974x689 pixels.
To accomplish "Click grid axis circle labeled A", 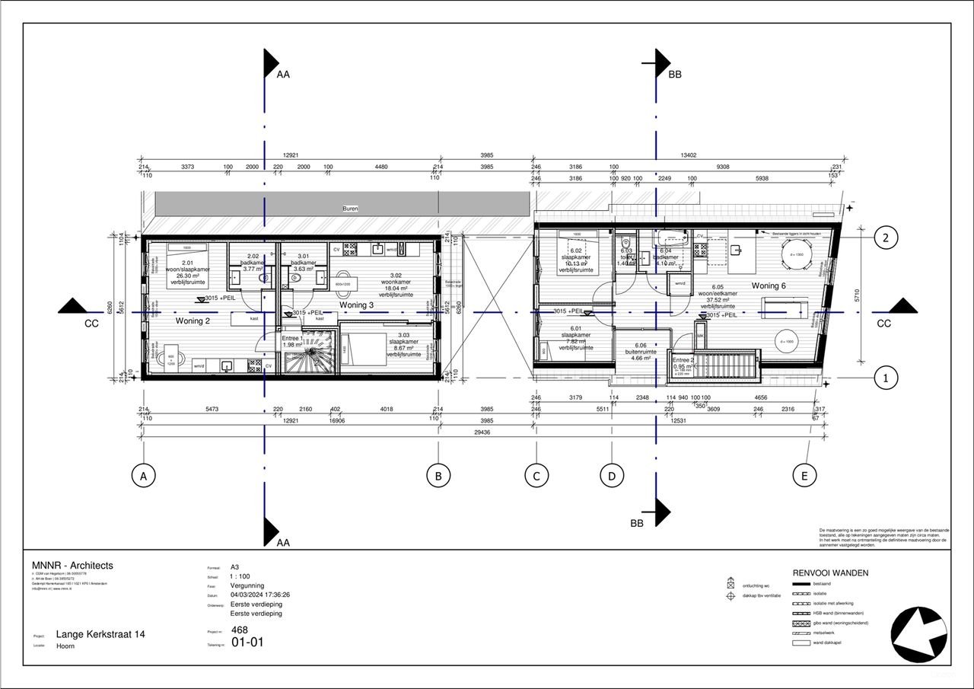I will click(142, 477).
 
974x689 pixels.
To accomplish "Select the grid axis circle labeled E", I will click(804, 477).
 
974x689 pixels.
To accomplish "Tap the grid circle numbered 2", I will click(885, 238).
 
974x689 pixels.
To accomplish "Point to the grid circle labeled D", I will click(611, 477).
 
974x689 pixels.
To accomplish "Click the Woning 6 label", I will click(769, 285).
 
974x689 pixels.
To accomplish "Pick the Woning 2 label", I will click(193, 321).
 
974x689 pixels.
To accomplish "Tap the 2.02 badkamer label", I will click(252, 263).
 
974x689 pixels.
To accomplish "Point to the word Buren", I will click(350, 208).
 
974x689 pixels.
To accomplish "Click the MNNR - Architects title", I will click(72, 566).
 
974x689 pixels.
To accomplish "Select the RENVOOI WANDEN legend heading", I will click(830, 573).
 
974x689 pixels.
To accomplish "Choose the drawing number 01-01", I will click(248, 643).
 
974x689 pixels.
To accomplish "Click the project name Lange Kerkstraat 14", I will click(100, 634).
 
